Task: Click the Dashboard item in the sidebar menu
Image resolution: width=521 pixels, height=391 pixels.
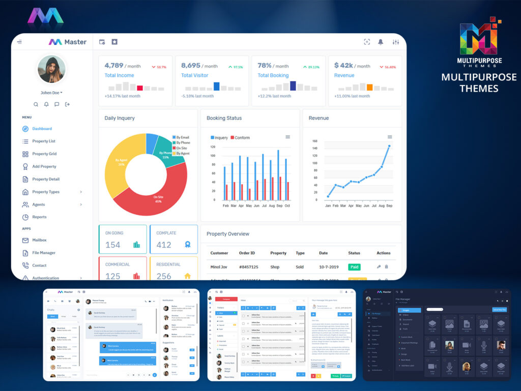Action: coord(42,129)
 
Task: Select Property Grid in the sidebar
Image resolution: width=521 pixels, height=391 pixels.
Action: coord(44,154)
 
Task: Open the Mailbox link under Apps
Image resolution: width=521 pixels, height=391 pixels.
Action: coord(39,240)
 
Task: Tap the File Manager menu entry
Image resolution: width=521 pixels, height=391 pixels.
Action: coord(43,253)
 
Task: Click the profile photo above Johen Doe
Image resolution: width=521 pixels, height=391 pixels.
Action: coord(51,69)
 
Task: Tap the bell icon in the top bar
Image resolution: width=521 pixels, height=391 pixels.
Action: coord(381,42)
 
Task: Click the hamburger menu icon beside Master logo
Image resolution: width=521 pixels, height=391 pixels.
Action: coord(19,42)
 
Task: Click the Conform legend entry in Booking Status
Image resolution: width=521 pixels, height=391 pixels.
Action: coord(240,137)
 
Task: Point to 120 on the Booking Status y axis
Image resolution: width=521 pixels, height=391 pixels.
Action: coord(213,147)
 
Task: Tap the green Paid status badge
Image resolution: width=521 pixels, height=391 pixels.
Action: coord(354,267)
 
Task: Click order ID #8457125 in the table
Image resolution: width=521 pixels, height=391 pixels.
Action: coord(248,267)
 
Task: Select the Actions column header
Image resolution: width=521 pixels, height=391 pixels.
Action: coord(383,253)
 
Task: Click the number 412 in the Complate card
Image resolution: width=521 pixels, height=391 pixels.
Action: coord(164,245)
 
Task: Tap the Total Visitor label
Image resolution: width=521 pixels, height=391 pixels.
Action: coord(194,75)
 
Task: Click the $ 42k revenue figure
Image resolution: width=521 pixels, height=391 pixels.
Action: coord(343,65)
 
